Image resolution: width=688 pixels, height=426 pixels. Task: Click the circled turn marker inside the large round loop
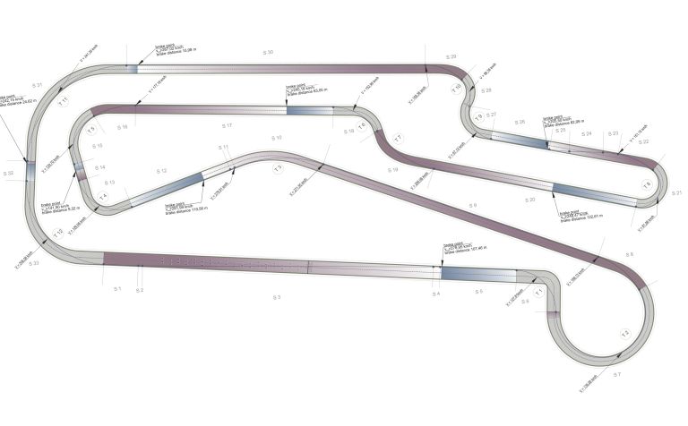coord(625,333)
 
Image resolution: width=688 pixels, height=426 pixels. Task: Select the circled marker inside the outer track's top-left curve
coord(63,101)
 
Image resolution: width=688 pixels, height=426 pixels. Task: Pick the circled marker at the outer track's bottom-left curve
coord(57,234)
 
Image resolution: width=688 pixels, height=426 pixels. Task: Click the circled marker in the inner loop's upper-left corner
coord(91,129)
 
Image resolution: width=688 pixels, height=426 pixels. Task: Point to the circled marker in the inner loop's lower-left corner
coord(103,196)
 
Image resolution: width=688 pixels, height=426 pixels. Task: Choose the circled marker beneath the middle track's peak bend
coord(278,167)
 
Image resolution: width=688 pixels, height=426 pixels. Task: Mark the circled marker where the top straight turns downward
coord(456,88)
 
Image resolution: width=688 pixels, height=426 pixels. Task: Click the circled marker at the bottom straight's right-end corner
coord(538,291)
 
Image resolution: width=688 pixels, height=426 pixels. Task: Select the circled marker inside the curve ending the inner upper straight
coord(362,126)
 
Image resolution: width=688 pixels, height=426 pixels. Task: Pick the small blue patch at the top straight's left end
coord(132,67)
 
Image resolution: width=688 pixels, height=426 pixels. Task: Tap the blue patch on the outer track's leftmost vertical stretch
coord(31,170)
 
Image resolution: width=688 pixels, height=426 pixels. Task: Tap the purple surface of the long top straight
coord(287,66)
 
